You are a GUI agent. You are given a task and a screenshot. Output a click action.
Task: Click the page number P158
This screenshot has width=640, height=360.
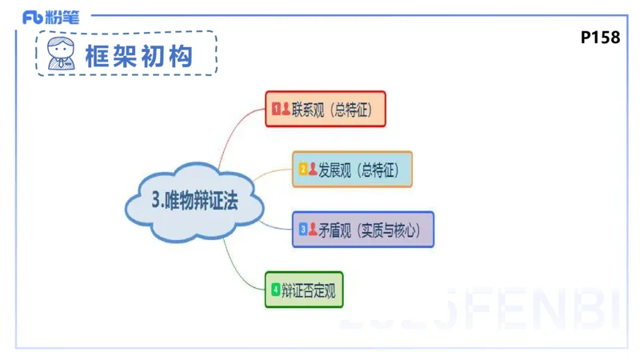[x=600, y=38]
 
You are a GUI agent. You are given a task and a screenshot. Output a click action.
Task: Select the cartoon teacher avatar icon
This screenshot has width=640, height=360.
[x=61, y=54]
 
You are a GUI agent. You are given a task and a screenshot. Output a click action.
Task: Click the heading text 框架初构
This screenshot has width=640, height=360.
[x=140, y=54]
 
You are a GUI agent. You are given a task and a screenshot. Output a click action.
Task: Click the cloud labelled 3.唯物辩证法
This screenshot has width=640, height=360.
[x=194, y=202]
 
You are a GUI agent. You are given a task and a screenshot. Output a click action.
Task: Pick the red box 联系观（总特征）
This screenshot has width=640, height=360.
[x=326, y=109]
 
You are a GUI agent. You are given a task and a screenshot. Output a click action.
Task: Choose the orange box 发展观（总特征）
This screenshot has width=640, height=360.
[x=352, y=169]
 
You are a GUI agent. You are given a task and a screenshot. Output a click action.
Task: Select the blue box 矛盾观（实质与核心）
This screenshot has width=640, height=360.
[x=363, y=229]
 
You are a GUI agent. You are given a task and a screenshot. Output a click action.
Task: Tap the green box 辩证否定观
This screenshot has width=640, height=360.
[x=304, y=290]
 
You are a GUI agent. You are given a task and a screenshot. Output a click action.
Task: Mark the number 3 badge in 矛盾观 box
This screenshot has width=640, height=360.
[x=303, y=229]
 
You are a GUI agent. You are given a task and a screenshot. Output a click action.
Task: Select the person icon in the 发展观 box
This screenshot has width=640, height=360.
[x=313, y=169]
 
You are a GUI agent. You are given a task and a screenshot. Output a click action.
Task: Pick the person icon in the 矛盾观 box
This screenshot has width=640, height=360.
[x=313, y=229]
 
